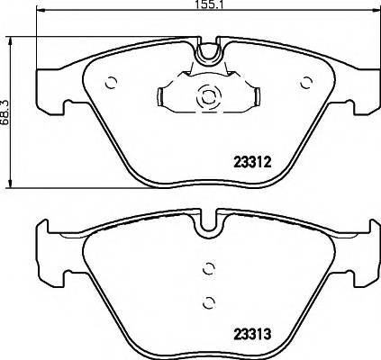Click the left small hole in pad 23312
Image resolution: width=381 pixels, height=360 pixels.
(112, 83)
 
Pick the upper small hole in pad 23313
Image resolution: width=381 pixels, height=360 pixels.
(209, 267)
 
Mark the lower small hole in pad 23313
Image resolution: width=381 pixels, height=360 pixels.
(209, 301)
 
